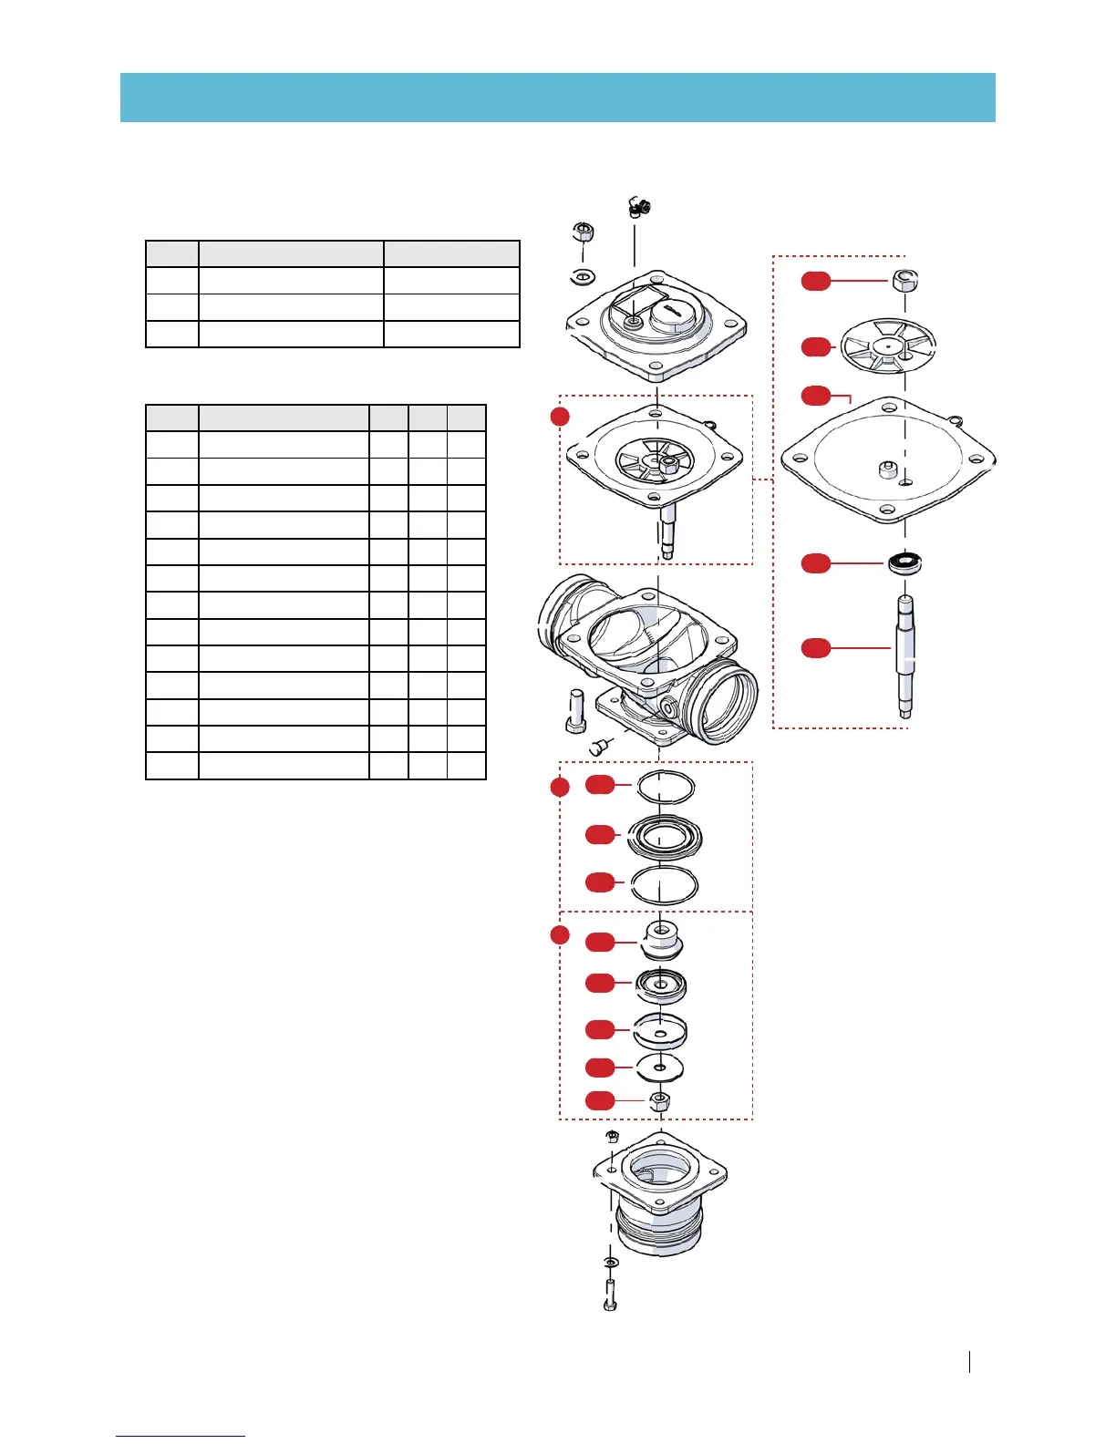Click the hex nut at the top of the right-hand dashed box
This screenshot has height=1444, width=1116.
point(904,280)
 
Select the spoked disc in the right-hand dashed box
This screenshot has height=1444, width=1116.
point(888,346)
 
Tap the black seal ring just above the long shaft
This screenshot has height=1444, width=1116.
point(905,562)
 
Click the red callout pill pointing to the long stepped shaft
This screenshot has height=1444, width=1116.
point(816,648)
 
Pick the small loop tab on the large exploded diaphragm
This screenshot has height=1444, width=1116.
point(955,420)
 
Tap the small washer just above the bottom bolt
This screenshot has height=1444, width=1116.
point(610,1262)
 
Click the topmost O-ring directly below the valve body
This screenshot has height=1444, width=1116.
point(666,785)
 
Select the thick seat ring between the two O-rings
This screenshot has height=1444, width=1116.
point(665,836)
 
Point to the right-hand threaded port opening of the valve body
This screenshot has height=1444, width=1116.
point(727,701)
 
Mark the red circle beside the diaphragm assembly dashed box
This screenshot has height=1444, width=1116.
point(560,417)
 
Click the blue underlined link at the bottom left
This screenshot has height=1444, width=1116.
point(181,1436)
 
